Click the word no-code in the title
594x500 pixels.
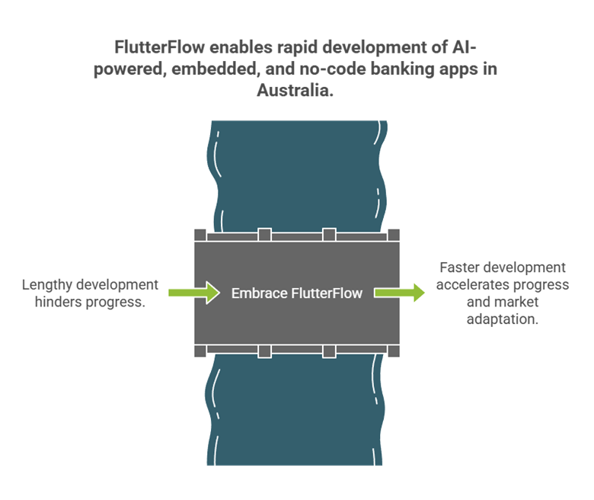(x=327, y=69)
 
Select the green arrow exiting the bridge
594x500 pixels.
(x=400, y=292)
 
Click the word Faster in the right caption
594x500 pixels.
(x=459, y=268)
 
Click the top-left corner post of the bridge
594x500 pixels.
(x=200, y=235)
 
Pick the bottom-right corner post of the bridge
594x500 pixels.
(x=394, y=351)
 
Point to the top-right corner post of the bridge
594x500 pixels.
(x=394, y=235)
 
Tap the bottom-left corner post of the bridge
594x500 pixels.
(x=200, y=351)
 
